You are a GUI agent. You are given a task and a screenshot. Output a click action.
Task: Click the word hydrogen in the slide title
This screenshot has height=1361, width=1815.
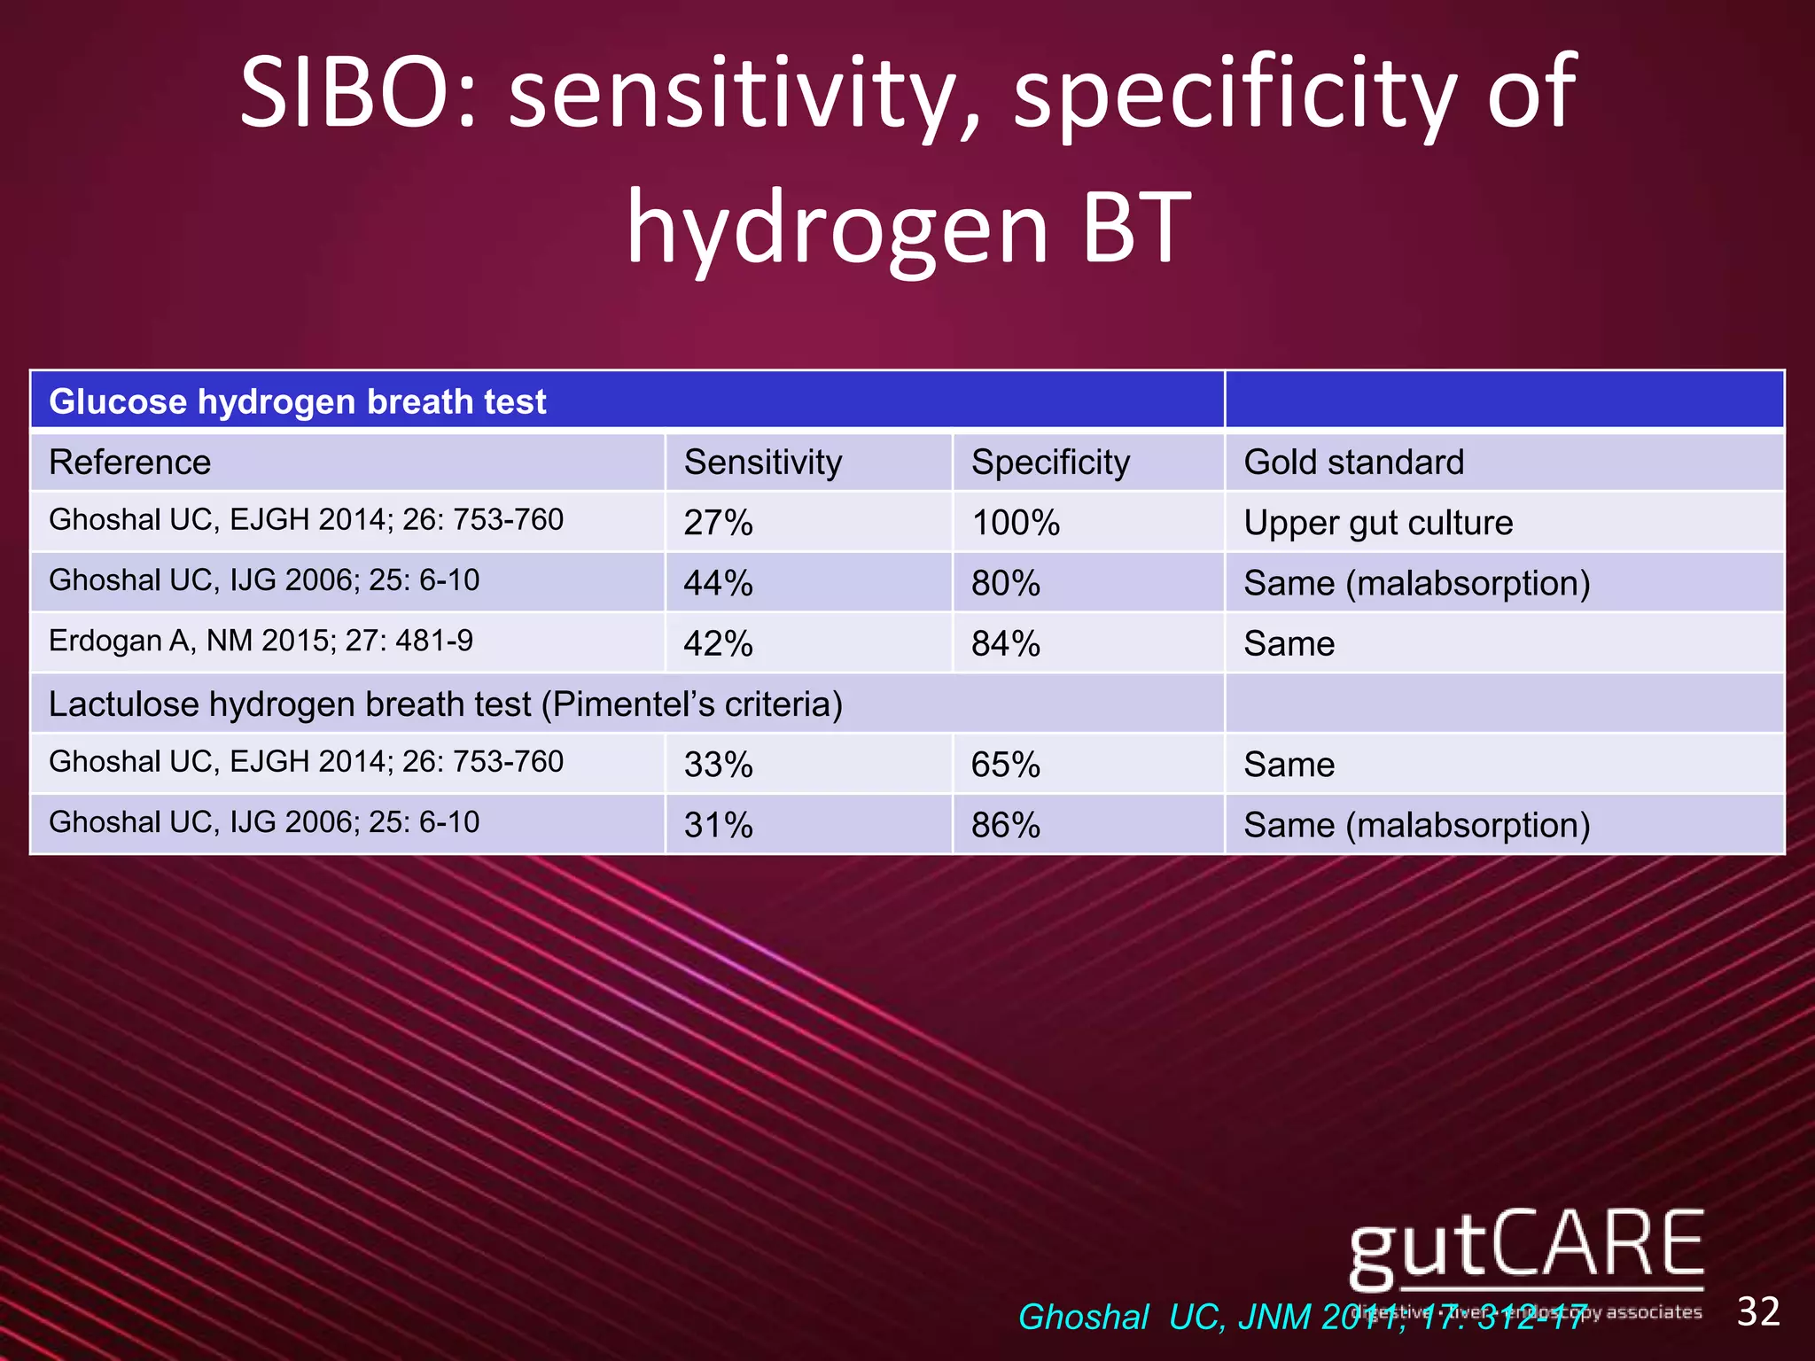point(837,229)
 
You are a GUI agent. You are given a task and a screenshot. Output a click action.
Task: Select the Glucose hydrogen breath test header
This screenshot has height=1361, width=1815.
point(298,401)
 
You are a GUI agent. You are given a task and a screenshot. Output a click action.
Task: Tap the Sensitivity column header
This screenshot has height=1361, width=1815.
point(762,463)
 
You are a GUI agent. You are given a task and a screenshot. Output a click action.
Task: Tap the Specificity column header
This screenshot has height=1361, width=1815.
point(1050,463)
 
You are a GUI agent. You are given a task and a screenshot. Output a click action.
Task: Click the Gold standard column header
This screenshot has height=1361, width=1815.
point(1353,463)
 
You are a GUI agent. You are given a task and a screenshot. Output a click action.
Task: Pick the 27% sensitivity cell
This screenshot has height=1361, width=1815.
point(718,523)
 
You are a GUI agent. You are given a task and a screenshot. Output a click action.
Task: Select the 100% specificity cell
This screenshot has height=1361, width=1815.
point(1016,523)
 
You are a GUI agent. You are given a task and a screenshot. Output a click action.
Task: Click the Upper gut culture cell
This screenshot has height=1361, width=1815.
point(1378,523)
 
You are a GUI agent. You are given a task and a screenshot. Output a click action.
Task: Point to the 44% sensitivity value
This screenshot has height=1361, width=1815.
point(718,583)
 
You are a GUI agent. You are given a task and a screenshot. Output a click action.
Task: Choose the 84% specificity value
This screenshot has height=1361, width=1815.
point(1005,643)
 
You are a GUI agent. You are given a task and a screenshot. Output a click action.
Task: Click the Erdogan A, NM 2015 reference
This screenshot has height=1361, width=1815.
point(261,640)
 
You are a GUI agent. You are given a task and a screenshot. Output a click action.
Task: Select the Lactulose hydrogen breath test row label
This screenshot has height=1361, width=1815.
point(446,704)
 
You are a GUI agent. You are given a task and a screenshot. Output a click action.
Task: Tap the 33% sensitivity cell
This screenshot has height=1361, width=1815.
point(718,765)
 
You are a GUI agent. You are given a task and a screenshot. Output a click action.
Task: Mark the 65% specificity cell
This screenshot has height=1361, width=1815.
point(1005,765)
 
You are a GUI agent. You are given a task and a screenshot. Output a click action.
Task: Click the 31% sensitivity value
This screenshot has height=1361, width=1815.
point(718,825)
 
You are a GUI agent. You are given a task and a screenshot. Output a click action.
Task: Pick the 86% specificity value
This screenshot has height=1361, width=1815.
point(1005,825)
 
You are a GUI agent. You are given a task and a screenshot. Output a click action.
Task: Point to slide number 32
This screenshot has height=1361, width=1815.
point(1758,1311)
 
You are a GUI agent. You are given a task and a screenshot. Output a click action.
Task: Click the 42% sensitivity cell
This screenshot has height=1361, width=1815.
point(718,643)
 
